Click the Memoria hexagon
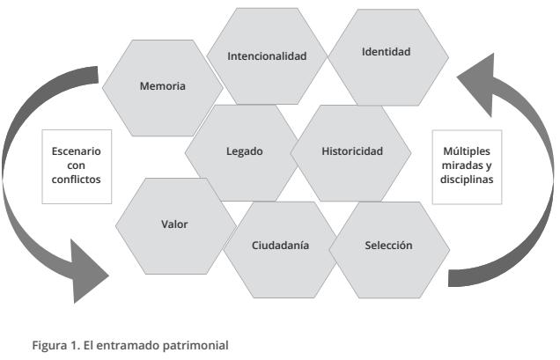point(162,86)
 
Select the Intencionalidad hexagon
point(267,56)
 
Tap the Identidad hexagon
point(386,52)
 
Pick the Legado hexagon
point(244,151)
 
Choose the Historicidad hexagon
point(350,151)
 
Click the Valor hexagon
point(174,224)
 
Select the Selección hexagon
point(388,246)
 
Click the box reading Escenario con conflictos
point(77,165)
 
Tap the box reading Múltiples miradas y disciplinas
point(467,165)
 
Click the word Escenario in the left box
point(77,151)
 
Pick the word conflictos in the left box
point(77,179)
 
